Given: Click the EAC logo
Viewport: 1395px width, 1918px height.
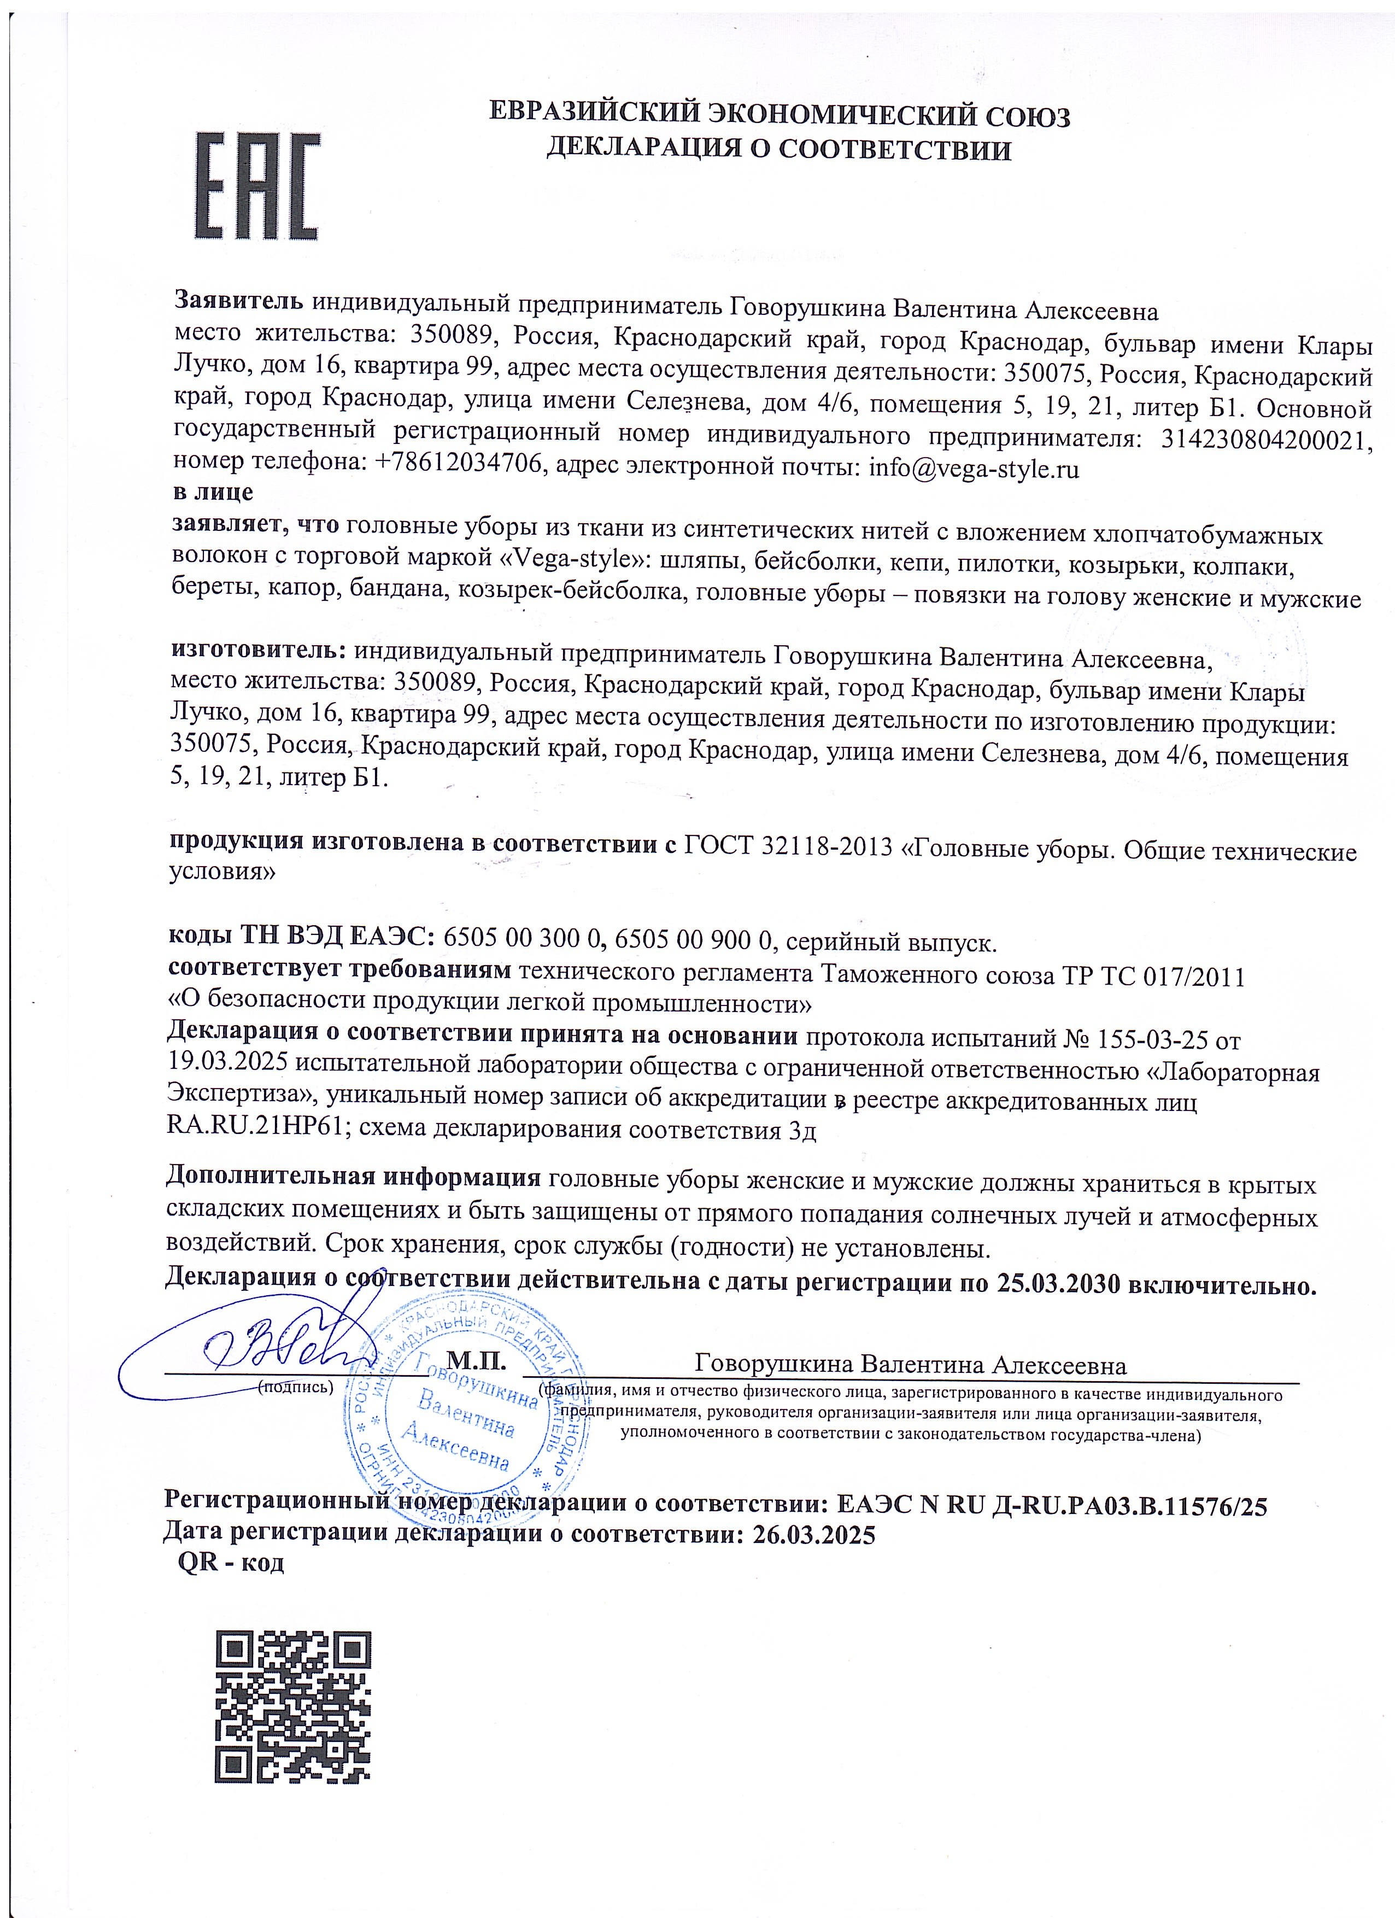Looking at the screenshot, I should [x=258, y=186].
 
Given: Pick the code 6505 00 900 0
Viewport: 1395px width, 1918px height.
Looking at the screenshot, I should [x=695, y=939].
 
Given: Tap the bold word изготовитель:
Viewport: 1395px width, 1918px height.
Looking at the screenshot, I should [x=259, y=651].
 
